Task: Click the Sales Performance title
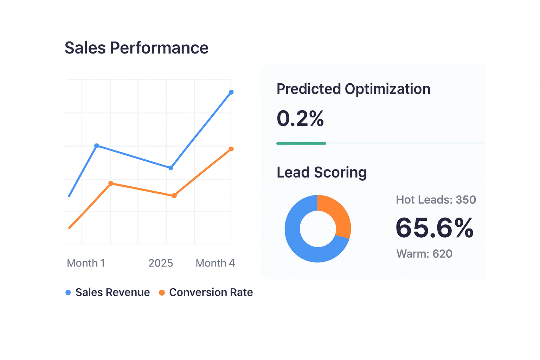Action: point(136,48)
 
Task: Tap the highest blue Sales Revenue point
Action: point(231,92)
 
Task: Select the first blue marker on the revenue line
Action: point(97,146)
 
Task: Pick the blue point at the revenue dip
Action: point(171,168)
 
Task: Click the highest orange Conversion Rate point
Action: point(231,149)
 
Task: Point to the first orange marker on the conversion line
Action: point(111,183)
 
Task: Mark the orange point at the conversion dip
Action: point(174,196)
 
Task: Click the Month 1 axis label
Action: point(86,263)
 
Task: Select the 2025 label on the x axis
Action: point(161,263)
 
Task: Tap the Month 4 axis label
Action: point(215,263)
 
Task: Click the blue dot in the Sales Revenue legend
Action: point(68,292)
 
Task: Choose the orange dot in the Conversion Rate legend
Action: point(162,292)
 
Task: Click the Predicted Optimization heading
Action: point(353,89)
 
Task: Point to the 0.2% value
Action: point(300,118)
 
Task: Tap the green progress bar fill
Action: point(301,143)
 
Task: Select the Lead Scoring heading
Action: point(322,172)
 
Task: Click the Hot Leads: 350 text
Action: point(436,200)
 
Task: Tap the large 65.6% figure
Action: point(435,228)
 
